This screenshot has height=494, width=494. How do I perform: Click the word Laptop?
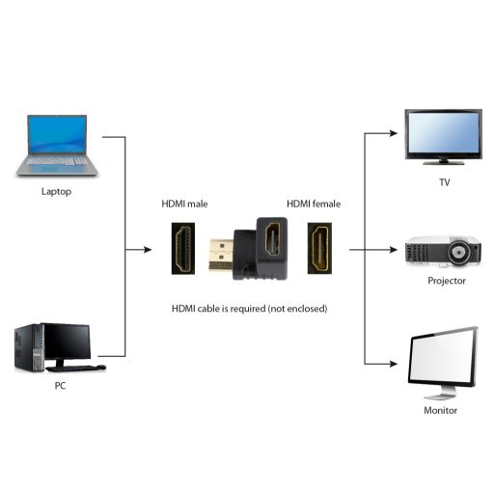click(56, 191)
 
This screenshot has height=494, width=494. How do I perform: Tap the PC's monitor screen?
click(66, 341)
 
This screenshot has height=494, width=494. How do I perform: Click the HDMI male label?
click(183, 205)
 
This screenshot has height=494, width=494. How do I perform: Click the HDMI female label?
click(313, 205)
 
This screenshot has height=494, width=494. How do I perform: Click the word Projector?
click(446, 281)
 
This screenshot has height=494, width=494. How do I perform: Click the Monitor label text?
click(441, 410)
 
